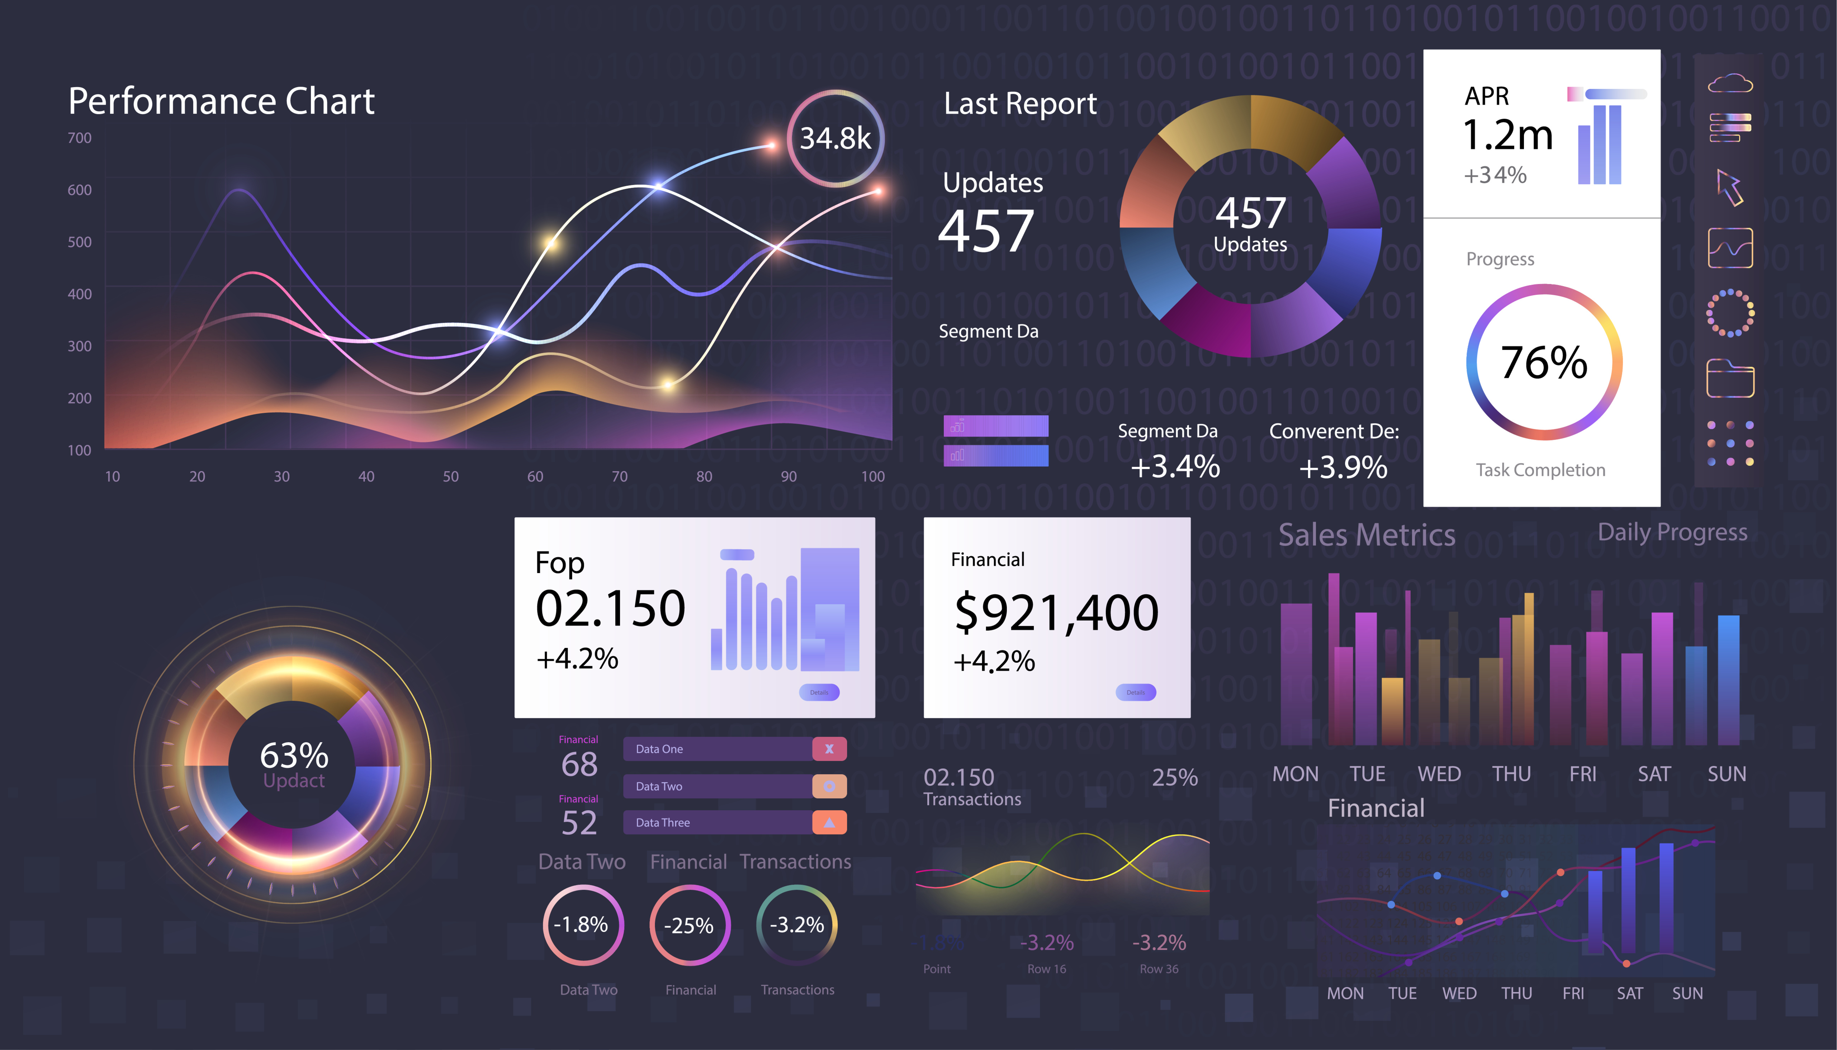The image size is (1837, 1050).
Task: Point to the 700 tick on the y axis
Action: pos(79,138)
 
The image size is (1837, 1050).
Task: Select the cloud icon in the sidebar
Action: pos(1729,84)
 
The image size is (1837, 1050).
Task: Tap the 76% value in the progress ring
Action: pos(1544,362)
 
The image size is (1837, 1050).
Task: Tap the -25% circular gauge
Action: pos(689,925)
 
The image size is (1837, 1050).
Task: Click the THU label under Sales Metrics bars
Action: pos(1511,774)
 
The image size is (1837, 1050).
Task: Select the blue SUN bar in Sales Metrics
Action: pos(1728,679)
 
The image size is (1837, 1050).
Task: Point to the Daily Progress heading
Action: pos(1672,532)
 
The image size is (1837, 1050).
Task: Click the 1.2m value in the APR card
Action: pos(1507,135)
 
